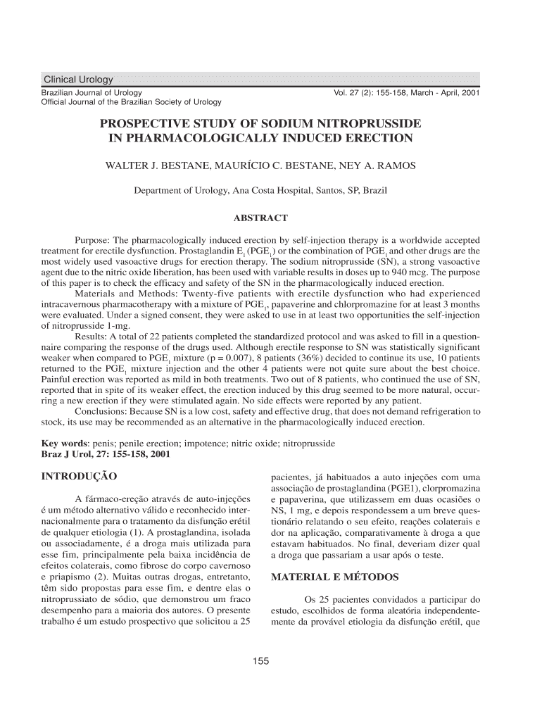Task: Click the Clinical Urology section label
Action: coord(77,79)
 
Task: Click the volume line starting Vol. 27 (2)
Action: coord(406,92)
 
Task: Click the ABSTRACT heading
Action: coord(260,218)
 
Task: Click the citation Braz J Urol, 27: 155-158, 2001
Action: coord(106,455)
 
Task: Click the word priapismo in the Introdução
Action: coord(69,577)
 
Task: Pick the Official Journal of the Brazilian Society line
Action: coord(132,103)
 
